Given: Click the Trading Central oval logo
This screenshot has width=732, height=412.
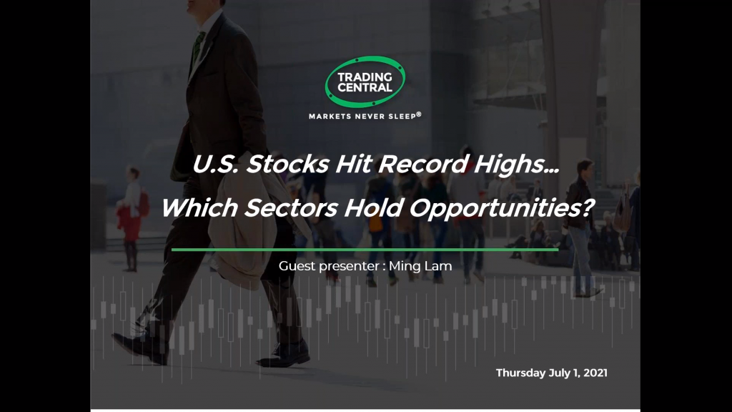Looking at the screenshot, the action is pyautogui.click(x=365, y=82).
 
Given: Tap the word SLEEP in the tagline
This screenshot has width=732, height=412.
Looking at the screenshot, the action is pyautogui.click(x=402, y=117).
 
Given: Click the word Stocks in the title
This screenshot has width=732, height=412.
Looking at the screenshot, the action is pyautogui.click(x=287, y=164).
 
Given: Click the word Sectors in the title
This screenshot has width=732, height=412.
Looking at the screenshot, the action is pyautogui.click(x=291, y=207).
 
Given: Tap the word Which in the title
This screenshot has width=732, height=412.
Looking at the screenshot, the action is pyautogui.click(x=199, y=207).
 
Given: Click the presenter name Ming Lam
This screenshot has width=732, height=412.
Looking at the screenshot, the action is pyautogui.click(x=420, y=266).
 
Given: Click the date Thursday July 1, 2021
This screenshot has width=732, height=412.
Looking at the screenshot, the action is pyautogui.click(x=551, y=373).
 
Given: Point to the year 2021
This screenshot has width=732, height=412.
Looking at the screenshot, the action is pyautogui.click(x=595, y=373).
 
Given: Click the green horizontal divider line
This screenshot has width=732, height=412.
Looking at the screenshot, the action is pyautogui.click(x=365, y=250).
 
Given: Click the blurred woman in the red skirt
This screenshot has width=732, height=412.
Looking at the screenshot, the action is pyautogui.click(x=130, y=219).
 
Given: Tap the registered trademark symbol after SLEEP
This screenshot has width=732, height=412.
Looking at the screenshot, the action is pyautogui.click(x=419, y=114).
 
